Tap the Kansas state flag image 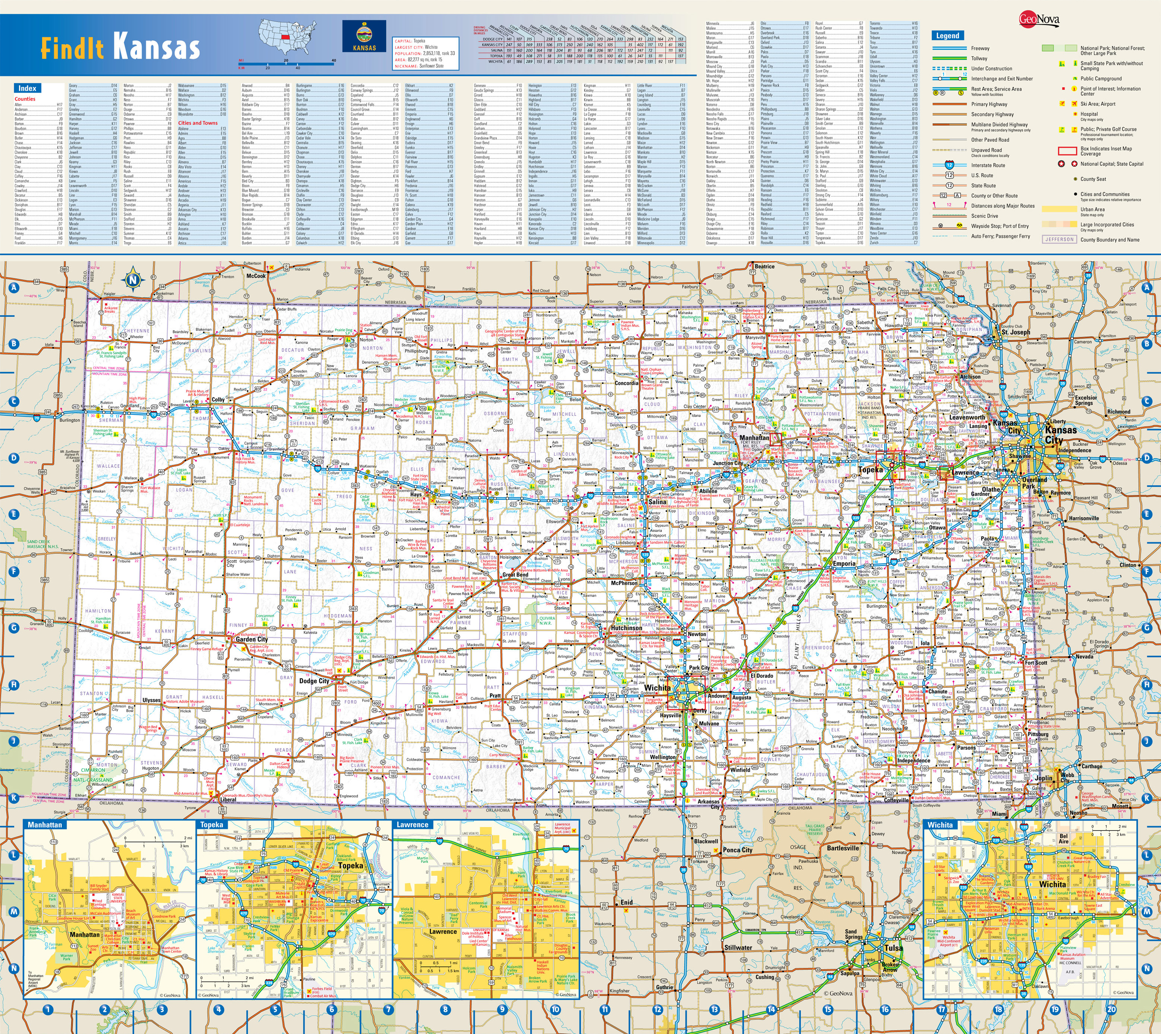click(364, 37)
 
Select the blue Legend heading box click(947, 36)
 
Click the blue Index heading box click(27, 88)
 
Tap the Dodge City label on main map click(314, 681)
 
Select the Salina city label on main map click(658, 502)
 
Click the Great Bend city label click(515, 574)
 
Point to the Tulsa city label click(893, 948)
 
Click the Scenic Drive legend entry click(984, 216)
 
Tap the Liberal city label click(228, 799)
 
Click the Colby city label click(218, 399)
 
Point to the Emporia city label click(844, 563)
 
